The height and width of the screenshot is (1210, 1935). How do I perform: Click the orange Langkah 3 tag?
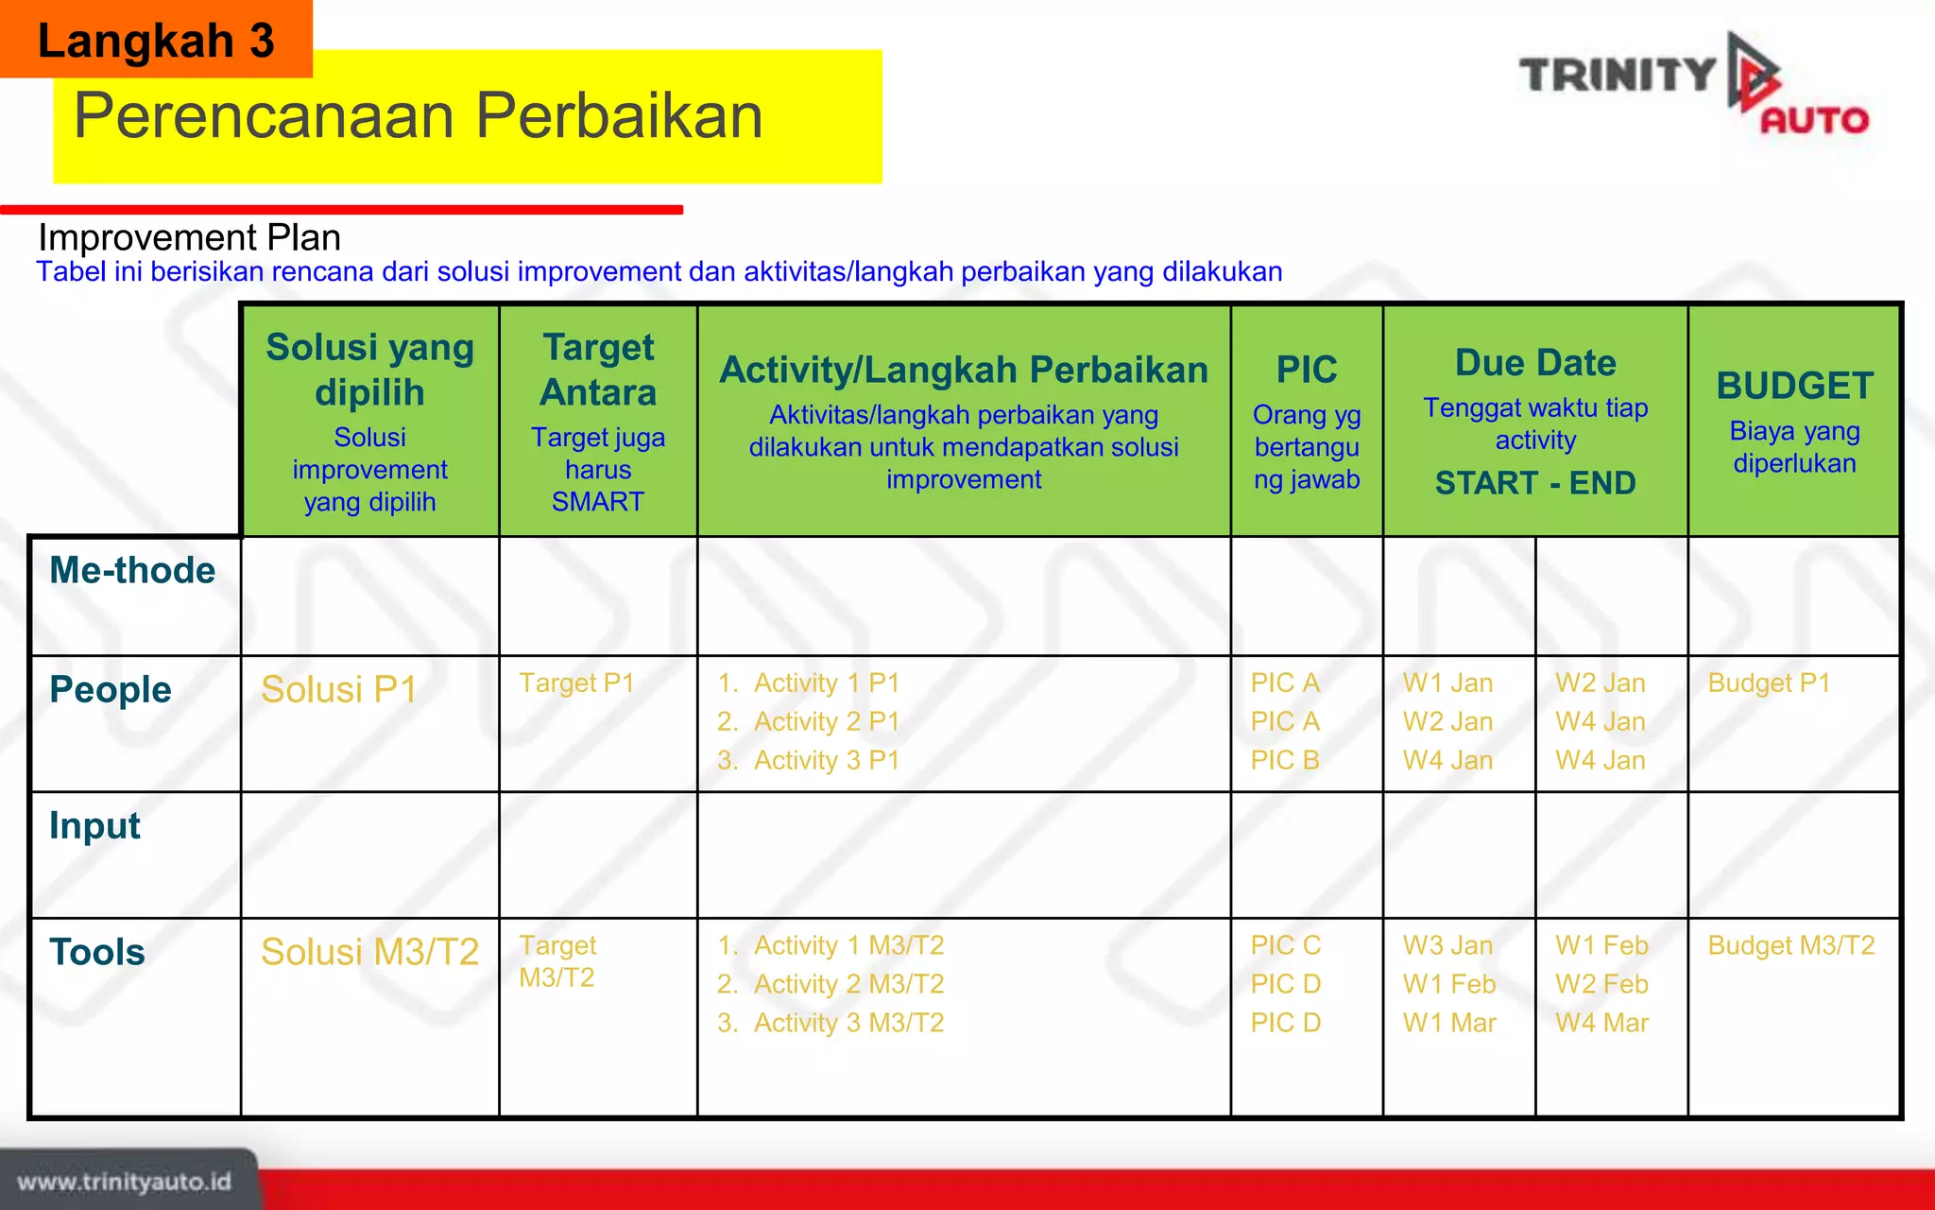click(156, 40)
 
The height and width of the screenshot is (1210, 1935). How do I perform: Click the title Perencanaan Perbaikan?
click(418, 116)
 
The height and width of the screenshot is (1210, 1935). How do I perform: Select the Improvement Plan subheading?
click(189, 237)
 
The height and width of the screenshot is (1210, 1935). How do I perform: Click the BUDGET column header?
click(1793, 386)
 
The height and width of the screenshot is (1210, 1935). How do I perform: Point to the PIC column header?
click(1306, 370)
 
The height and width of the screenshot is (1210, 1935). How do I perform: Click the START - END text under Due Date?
click(1534, 483)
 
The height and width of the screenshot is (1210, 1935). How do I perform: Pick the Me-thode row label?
click(132, 570)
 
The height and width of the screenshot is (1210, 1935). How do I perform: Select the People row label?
click(111, 689)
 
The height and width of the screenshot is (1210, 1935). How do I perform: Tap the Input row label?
click(94, 825)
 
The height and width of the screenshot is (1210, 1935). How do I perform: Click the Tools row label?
click(97, 951)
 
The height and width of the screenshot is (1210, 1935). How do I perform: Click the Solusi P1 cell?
click(338, 689)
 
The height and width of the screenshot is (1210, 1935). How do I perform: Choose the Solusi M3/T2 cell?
click(369, 951)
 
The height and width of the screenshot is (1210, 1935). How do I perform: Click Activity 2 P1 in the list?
click(826, 721)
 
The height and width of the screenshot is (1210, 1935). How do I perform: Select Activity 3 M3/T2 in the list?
click(848, 1023)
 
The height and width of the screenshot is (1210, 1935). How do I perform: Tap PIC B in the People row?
click(1284, 760)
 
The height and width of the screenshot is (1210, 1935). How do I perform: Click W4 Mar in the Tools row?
click(1601, 1023)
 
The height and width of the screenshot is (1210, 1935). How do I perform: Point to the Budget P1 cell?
click(1769, 683)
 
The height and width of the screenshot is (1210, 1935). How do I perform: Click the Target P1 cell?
click(576, 683)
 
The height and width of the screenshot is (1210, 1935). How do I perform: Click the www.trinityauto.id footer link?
click(124, 1182)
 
